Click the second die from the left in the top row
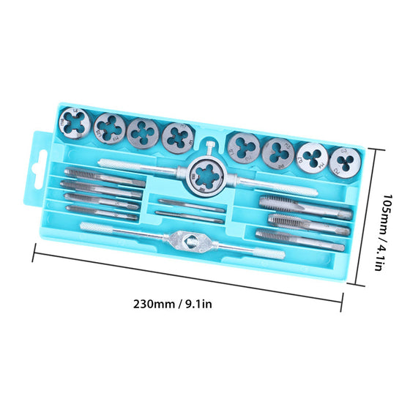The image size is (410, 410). [110, 128]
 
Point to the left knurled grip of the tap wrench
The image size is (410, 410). [106, 228]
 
